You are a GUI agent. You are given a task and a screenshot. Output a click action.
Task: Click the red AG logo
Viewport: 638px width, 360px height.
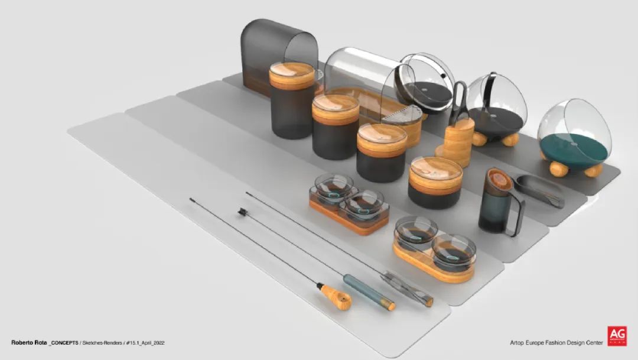[x=617, y=336]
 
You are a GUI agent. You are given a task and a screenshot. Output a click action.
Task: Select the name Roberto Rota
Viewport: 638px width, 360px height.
[x=29, y=343]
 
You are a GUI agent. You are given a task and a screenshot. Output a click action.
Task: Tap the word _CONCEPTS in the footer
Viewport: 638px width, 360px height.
[x=64, y=343]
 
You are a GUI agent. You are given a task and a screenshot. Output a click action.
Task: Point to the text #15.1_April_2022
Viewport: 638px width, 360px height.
[x=145, y=343]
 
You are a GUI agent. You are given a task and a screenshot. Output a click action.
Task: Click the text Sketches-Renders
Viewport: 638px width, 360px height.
[x=102, y=343]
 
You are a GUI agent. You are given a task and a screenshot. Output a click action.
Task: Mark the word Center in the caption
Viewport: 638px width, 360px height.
[x=593, y=343]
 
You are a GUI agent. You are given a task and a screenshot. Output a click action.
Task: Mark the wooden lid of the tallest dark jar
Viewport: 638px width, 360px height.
[x=292, y=75]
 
